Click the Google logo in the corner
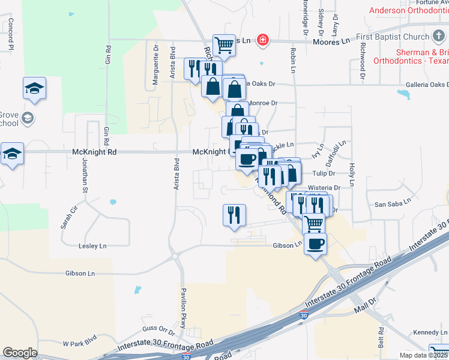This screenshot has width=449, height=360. (20, 353)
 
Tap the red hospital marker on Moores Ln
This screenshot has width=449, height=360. (262, 41)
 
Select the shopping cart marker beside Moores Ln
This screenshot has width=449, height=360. (224, 44)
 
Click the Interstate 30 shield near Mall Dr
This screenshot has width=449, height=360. (304, 315)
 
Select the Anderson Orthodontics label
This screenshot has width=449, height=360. (408, 10)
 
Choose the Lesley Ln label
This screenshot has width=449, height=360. (92, 246)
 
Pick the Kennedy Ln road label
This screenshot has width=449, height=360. (430, 332)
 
